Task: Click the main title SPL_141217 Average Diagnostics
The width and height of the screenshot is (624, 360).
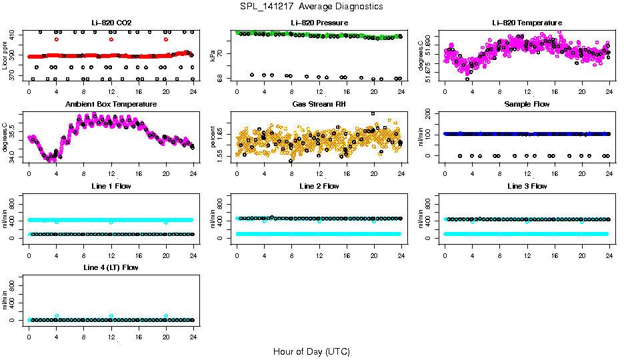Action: point(312,7)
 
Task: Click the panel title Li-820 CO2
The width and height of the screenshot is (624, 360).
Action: point(111,23)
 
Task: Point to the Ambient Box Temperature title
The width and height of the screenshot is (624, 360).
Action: point(111,105)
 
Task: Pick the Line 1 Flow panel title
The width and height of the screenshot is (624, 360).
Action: point(111,186)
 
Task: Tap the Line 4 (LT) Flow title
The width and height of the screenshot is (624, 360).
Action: point(111,267)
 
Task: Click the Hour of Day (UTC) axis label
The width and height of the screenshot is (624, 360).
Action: point(311,351)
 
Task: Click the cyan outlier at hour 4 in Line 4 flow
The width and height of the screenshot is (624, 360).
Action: point(57,315)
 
